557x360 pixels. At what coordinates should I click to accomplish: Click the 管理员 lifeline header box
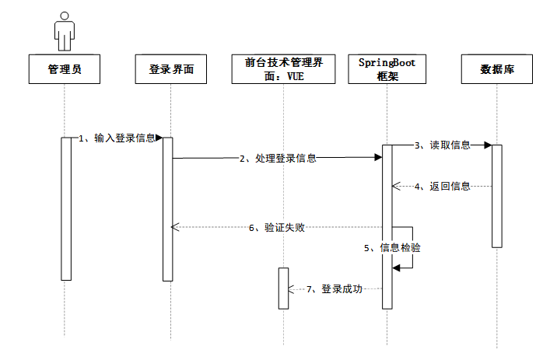pos(65,69)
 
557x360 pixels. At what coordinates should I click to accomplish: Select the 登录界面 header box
pos(170,69)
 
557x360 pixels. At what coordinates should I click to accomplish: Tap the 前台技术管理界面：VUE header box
pos(284,69)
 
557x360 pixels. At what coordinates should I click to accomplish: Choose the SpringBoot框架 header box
pos(387,69)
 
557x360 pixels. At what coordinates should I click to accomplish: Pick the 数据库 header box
pos(496,69)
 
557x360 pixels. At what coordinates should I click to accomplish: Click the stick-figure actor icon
pos(65,30)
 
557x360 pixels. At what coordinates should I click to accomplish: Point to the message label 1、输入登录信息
pos(117,138)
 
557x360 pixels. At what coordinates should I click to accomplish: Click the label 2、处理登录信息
pos(278,158)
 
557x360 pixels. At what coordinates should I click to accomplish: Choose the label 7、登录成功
pos(334,288)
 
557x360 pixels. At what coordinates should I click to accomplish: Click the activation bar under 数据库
pos(496,195)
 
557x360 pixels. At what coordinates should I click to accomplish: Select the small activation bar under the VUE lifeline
pos(283,288)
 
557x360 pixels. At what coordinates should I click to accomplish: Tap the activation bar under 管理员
pos(65,208)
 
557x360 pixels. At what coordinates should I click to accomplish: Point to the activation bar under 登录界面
pos(167,208)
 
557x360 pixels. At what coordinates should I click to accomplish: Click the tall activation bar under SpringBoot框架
pos(387,225)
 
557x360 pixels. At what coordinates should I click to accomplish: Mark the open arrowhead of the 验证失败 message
pos(175,227)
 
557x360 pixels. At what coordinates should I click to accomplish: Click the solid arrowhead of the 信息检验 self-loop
pos(397,267)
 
